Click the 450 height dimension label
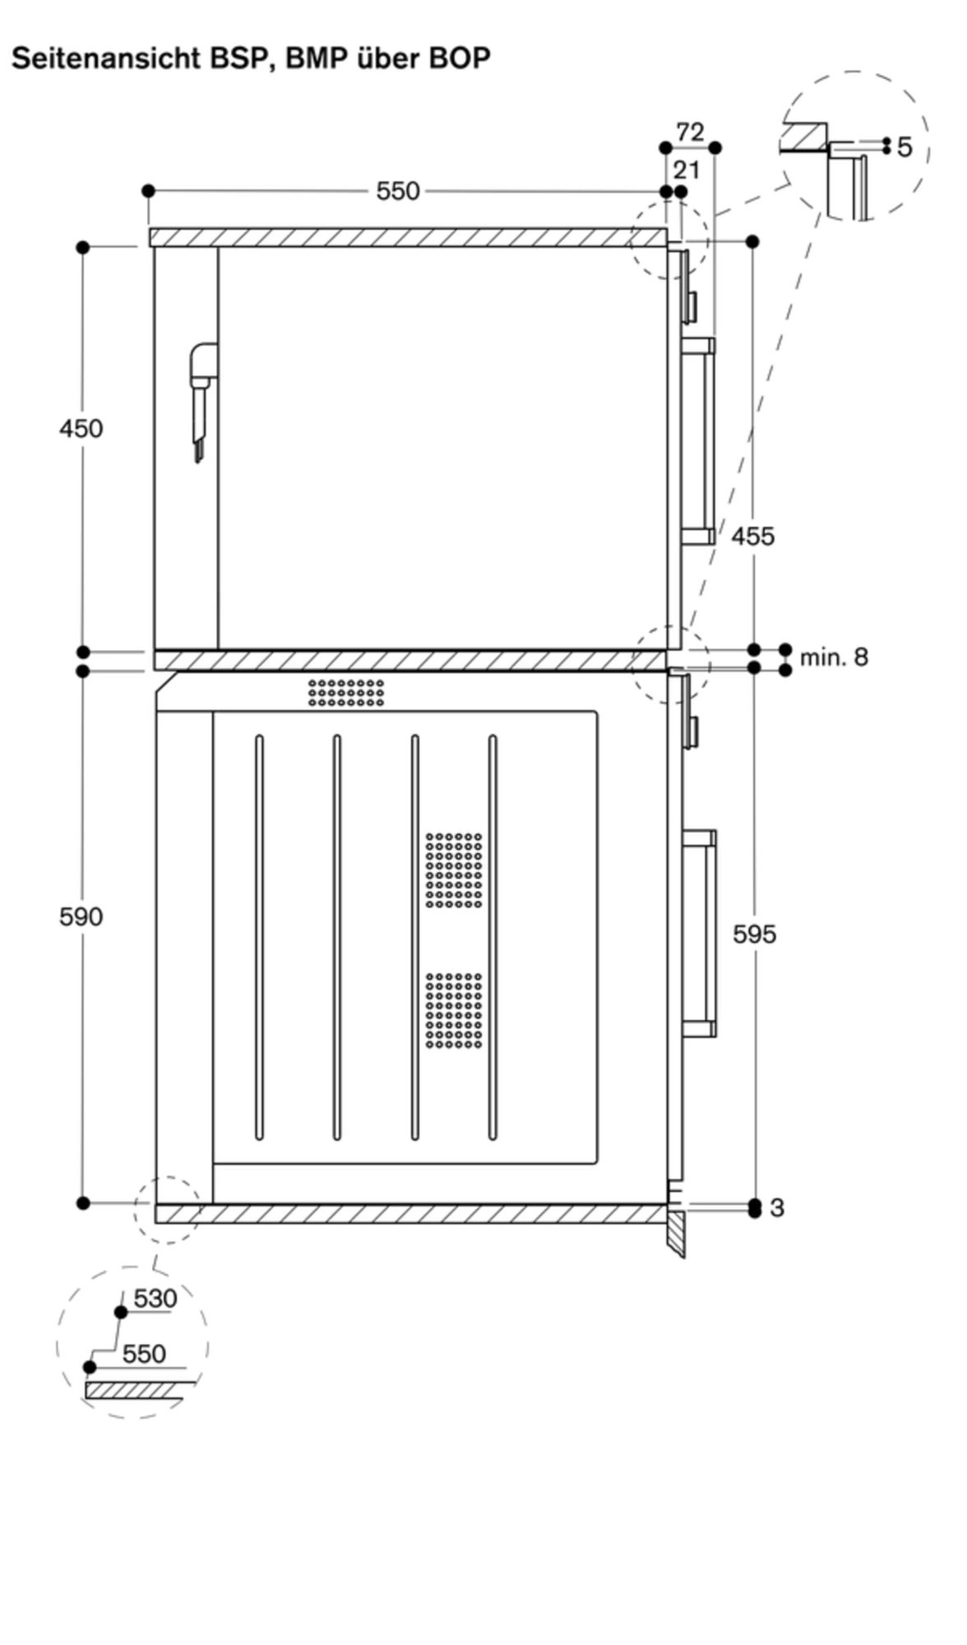click(81, 429)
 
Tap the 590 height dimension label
click(81, 916)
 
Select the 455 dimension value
click(752, 536)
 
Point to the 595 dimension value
click(754, 934)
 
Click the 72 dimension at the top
click(690, 132)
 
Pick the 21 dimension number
click(687, 170)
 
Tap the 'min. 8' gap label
click(833, 657)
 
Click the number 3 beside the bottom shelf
click(777, 1207)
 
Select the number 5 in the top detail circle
click(905, 147)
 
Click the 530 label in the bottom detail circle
click(155, 1298)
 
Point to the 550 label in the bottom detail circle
click(144, 1353)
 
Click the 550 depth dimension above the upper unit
click(398, 191)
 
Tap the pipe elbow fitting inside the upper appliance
click(203, 362)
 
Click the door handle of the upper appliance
click(699, 442)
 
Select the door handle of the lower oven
click(700, 934)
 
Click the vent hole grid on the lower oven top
click(346, 692)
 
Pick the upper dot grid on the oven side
click(454, 869)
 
